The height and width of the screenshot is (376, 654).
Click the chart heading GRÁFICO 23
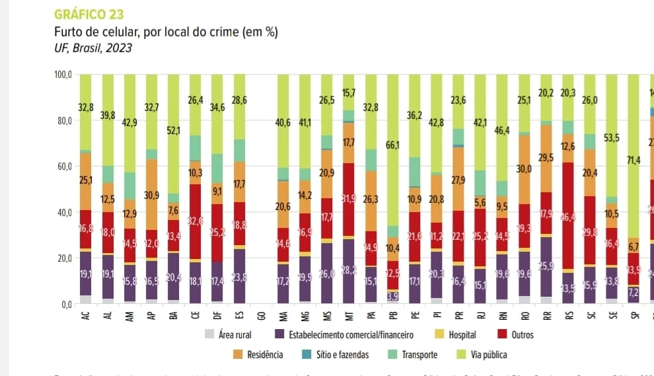(x=89, y=14)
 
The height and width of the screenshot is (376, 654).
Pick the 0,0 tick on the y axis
(x=65, y=305)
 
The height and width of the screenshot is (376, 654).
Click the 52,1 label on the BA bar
(x=173, y=131)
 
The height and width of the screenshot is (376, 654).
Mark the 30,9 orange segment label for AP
(x=151, y=196)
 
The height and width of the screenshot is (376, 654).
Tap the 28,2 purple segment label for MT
(x=348, y=270)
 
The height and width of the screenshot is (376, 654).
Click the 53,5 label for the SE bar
(x=611, y=137)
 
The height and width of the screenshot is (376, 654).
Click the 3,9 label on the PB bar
(x=392, y=295)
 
